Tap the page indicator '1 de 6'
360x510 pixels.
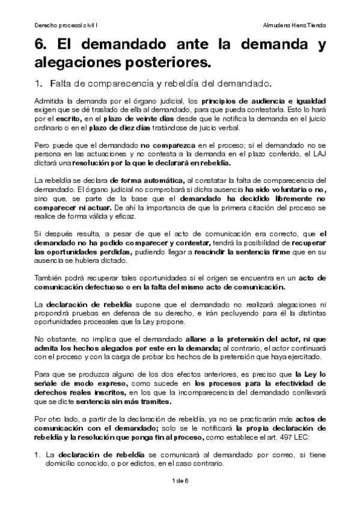tap(180, 481)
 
